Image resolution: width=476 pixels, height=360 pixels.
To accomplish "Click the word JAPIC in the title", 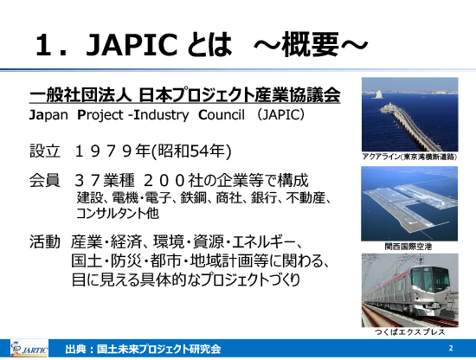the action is coord(132,45).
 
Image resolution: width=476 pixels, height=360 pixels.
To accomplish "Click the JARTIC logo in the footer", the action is coord(29,349).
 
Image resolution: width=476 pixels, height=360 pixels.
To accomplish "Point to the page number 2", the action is coord(451,348).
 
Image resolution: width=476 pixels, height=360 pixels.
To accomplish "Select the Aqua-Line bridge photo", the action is coord(410,114).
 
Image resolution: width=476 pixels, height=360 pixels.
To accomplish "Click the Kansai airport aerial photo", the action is coord(409,203).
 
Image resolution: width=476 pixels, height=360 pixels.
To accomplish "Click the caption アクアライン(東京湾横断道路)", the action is coord(409,157).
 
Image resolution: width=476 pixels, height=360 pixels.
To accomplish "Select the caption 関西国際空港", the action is coord(408,246).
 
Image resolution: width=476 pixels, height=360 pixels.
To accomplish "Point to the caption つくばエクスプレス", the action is coord(410,331).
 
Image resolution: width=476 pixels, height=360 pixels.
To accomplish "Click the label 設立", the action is coord(45,151).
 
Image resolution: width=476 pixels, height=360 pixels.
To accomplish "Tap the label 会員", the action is coord(45,180).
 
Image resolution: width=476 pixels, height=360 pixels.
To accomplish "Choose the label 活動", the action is coord(45,242).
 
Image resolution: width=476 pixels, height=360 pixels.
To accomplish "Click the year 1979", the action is coord(103,151).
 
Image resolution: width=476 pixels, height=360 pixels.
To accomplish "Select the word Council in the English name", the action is coord(222,115).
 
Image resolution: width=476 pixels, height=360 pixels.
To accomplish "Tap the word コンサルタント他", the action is coord(118,213).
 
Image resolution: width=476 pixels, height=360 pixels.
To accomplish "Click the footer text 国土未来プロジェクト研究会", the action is coord(158,349).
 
